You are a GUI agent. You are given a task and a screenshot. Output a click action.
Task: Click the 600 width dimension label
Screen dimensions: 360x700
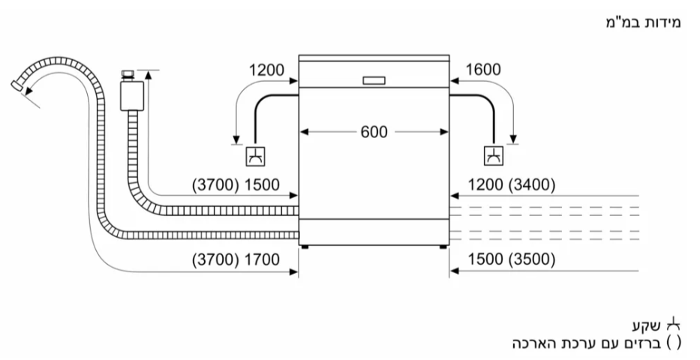pyautogui.click(x=374, y=132)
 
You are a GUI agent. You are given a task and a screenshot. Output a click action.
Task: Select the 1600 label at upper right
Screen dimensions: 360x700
pyautogui.click(x=483, y=71)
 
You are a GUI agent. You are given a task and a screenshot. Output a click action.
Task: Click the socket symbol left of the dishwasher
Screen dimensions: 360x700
pyautogui.click(x=255, y=157)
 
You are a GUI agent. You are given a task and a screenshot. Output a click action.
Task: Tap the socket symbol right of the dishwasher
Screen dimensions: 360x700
pyautogui.click(x=494, y=157)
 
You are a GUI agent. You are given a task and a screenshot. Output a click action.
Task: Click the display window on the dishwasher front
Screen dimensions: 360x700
pyautogui.click(x=374, y=80)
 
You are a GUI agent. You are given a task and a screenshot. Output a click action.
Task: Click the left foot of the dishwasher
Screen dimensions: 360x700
pyautogui.click(x=305, y=245)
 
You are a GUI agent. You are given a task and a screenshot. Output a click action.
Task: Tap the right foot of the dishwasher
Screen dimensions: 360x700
pyautogui.click(x=443, y=245)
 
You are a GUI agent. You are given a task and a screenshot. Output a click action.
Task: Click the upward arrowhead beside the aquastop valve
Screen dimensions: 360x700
pyautogui.click(x=149, y=74)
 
